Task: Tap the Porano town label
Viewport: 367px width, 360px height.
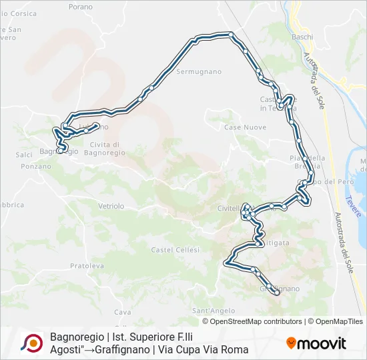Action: [x=81, y=7]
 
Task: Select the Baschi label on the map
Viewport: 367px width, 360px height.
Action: [x=302, y=37]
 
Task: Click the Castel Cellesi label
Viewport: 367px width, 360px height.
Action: [x=175, y=249]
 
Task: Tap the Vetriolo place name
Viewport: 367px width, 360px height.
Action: [x=111, y=207]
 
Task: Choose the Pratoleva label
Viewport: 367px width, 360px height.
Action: [x=87, y=265]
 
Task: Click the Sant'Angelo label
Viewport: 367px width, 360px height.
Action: [x=214, y=311]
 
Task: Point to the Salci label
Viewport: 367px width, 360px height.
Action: [x=24, y=154]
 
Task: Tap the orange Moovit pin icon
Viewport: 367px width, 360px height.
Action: [x=291, y=343]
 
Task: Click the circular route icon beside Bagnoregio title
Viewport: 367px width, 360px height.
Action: [x=32, y=343]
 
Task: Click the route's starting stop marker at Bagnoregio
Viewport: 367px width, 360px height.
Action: [x=59, y=151]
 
